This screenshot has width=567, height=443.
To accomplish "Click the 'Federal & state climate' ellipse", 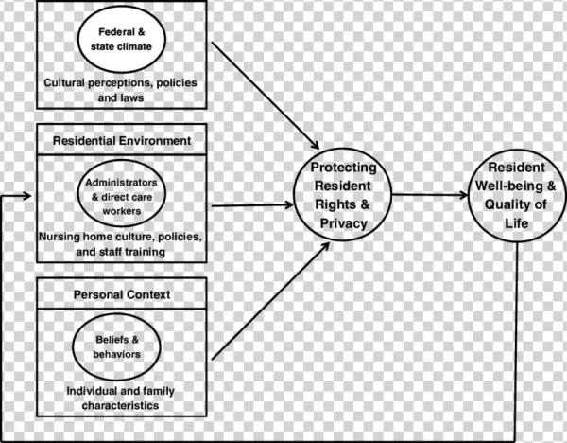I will tap(121, 43).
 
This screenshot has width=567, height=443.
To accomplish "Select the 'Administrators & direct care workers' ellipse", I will tap(121, 195).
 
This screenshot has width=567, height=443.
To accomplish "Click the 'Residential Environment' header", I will tap(121, 141).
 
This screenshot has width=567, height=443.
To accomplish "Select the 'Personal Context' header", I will tap(121, 294).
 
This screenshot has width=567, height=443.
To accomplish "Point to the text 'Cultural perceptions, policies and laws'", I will tap(121, 90).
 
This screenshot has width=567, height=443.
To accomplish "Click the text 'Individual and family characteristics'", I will tap(121, 398).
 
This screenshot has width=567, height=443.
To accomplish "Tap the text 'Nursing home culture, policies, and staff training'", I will tap(121, 244).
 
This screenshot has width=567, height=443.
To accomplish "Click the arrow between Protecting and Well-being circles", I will tap(430, 196).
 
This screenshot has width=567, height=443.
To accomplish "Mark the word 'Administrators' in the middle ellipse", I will tap(121, 182).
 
